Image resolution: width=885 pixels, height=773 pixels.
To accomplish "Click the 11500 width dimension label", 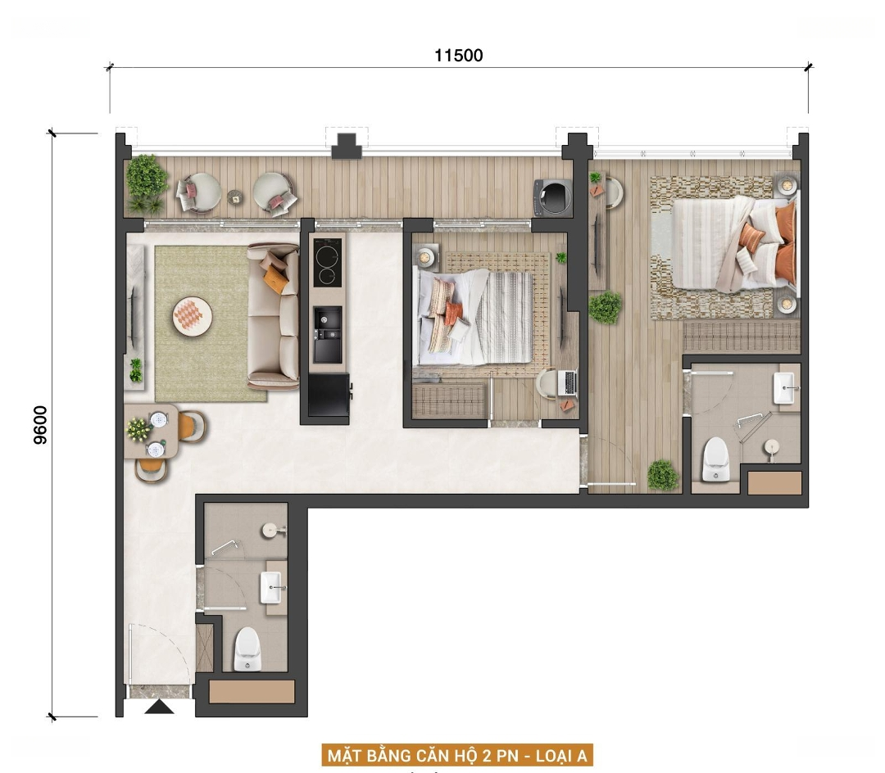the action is pos(458,55).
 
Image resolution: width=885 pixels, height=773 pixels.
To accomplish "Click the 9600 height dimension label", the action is pos(41,425).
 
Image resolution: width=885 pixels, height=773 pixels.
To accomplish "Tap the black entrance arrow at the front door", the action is pos(159,707).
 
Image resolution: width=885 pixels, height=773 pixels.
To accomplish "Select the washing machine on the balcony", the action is pos(552,197).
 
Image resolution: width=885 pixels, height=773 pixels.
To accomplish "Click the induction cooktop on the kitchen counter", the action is pos(328,262).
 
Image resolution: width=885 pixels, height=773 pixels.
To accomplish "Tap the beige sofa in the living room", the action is pos(274,316).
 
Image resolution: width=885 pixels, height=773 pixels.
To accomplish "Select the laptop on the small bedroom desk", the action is pos(567,382).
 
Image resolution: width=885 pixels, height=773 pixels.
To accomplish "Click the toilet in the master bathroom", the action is pos(715,459).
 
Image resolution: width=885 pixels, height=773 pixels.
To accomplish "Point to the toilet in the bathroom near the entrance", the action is pos(247,649).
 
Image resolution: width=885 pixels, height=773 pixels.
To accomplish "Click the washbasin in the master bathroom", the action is pos(785,388).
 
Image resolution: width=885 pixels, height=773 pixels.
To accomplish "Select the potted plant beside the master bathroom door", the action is pos(662,475).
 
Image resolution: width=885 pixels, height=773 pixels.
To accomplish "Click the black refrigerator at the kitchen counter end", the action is pos(329,396).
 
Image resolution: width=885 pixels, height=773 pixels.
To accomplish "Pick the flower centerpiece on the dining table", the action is pos(138,429).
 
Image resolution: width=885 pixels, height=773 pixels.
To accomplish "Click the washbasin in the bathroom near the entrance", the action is pos(271,587).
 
